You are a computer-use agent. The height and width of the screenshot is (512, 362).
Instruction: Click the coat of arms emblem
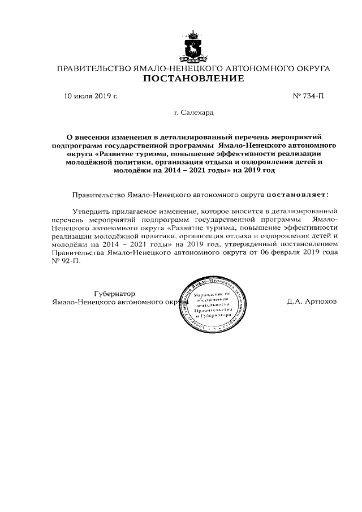point(194,46)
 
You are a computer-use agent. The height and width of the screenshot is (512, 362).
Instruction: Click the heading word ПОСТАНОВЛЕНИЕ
point(193,79)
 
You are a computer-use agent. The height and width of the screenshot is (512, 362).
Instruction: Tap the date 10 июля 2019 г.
point(90,97)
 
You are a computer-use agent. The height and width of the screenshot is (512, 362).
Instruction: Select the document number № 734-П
point(308,97)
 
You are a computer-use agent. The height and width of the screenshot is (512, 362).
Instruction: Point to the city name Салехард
point(197,113)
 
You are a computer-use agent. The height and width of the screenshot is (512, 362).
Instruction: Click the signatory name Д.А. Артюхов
point(312,302)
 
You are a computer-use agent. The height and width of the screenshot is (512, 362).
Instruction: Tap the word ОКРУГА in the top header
point(312,68)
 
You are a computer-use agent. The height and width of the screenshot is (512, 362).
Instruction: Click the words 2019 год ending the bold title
point(259,170)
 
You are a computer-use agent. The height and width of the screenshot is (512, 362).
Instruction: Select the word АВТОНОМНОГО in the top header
point(250,68)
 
